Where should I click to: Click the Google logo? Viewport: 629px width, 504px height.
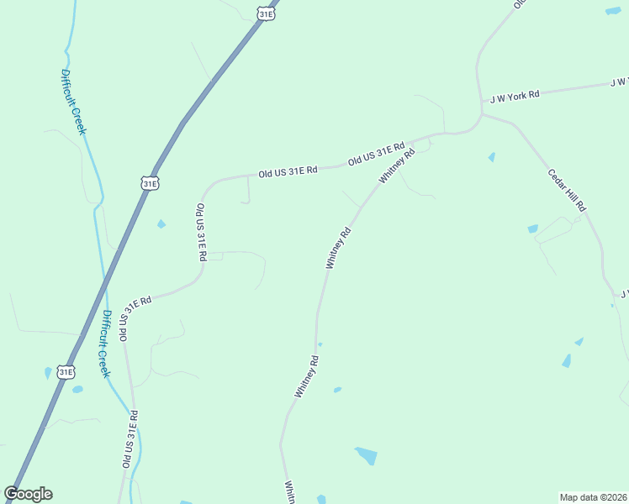[x=29, y=493]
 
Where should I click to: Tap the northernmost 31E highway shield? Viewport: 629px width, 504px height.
[x=266, y=13]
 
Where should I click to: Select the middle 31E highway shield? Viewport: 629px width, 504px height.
[x=150, y=182]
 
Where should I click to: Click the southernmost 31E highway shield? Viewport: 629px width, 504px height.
[x=66, y=371]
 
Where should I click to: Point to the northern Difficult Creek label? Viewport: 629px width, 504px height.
[x=73, y=102]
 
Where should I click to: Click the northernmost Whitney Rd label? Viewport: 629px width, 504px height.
[x=398, y=166]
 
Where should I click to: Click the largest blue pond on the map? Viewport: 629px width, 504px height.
[x=367, y=456]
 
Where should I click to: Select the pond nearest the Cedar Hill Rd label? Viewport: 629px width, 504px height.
[x=532, y=228]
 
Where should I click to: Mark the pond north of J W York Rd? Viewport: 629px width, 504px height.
[x=613, y=11]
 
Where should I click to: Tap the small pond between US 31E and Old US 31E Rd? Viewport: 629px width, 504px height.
[x=161, y=224]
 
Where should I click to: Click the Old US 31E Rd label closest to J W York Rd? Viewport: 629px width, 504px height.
[x=377, y=153]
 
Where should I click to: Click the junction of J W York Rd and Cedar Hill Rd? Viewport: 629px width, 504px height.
[x=483, y=113]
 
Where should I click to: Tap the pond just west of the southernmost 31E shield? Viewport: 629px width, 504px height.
[x=47, y=373]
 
